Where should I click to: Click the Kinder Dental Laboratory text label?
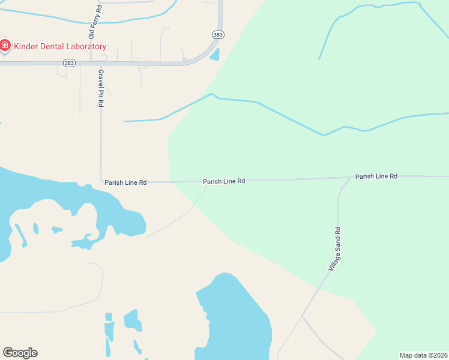pyautogui.click(x=60, y=46)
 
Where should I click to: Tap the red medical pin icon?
pyautogui.click(x=5, y=45)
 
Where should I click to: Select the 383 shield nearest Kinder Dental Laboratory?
pyautogui.click(x=70, y=62)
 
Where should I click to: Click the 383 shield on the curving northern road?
pyautogui.click(x=218, y=35)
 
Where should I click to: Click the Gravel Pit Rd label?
pyautogui.click(x=101, y=88)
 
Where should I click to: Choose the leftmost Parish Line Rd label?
pyautogui.click(x=125, y=182)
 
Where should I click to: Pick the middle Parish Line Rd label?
pyautogui.click(x=224, y=181)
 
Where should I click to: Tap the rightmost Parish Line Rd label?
pyautogui.click(x=376, y=176)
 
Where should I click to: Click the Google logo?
pyautogui.click(x=20, y=353)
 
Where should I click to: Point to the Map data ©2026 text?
pyautogui.click(x=424, y=355)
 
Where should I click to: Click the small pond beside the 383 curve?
pyautogui.click(x=214, y=55)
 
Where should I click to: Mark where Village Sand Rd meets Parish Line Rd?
pyautogui.click(x=350, y=178)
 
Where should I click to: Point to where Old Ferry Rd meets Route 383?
pyautogui.click(x=91, y=62)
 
